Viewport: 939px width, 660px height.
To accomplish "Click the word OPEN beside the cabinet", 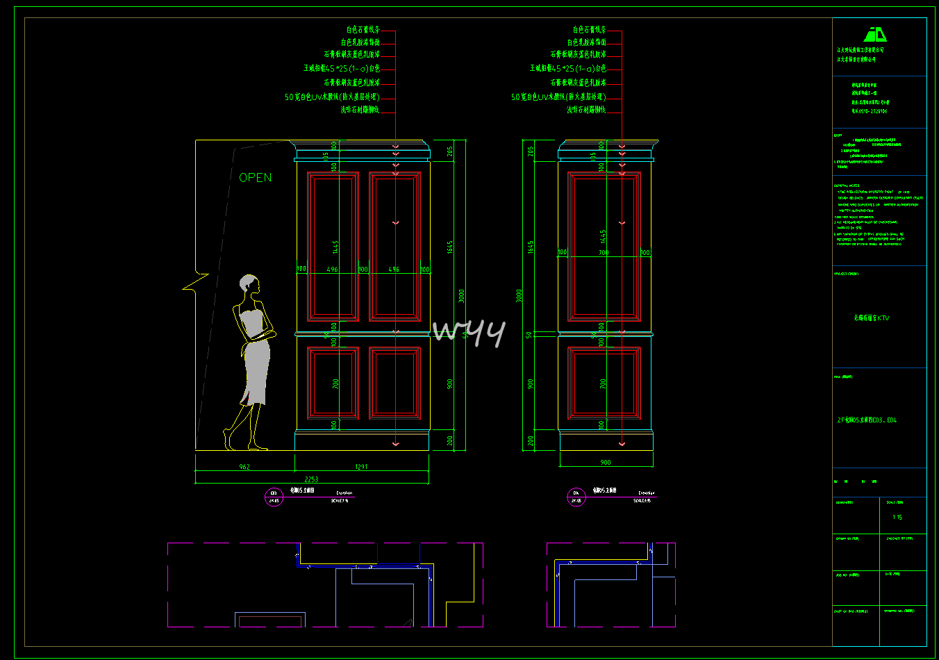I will coord(255,178).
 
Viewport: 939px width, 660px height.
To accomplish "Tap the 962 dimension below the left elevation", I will coord(244,467).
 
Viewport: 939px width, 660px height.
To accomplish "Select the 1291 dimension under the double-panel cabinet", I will coord(361,467).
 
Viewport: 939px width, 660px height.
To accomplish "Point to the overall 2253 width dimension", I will coord(311,479).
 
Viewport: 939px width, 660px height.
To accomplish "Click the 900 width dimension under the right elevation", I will coord(606,463).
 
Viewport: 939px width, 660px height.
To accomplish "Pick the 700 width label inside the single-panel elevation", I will coord(604,253).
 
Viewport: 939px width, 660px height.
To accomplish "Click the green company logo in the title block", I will coord(875,35).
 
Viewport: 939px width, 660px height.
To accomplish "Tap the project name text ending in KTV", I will coord(871,318).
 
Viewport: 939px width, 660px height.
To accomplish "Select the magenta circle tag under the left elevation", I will coord(274,497).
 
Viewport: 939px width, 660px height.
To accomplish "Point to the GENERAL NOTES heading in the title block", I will coord(847,186).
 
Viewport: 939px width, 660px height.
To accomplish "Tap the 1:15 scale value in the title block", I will coord(897,518).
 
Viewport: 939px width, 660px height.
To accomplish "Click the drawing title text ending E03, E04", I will coord(867,420).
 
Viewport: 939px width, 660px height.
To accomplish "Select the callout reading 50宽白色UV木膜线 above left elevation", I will coord(332,97).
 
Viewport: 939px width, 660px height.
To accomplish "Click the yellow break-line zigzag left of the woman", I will coord(195,282).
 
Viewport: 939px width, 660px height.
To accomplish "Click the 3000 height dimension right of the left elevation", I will coord(461,296).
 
